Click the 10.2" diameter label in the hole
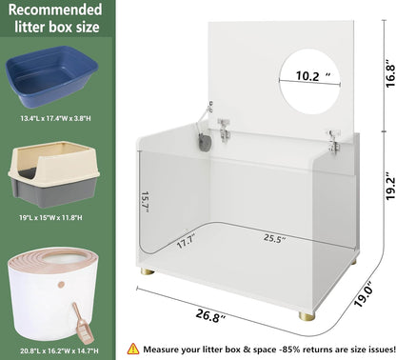click(x=313, y=75)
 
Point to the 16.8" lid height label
click(x=389, y=76)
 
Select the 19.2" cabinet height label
click(x=389, y=187)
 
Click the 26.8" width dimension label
click(x=210, y=315)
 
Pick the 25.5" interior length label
click(x=273, y=238)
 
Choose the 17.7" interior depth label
click(x=187, y=241)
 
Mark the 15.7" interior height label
click(x=145, y=202)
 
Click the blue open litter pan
click(x=52, y=76)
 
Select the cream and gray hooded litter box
click(x=54, y=173)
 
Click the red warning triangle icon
click(x=133, y=349)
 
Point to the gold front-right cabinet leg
click(x=306, y=316)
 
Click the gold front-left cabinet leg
click(x=148, y=271)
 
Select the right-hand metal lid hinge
click(x=334, y=143)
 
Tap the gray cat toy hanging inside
click(x=206, y=143)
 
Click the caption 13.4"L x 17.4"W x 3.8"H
click(x=55, y=119)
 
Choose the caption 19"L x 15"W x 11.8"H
click(x=50, y=218)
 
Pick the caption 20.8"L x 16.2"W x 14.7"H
click(x=59, y=351)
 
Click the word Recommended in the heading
click(x=55, y=10)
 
